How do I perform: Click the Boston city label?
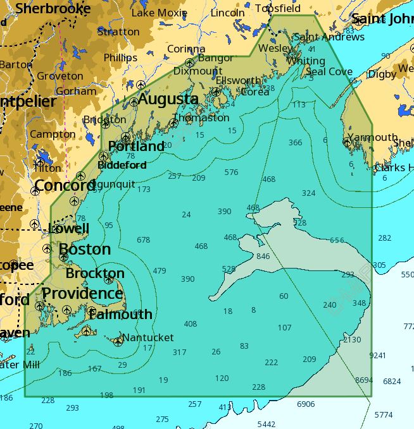coord(84,249)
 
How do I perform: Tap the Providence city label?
coord(82,294)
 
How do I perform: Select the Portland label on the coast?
coord(136,147)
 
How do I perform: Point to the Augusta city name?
coord(168,99)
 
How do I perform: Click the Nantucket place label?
coord(147,337)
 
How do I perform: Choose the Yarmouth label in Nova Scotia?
coord(372,137)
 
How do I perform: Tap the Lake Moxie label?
coord(159,13)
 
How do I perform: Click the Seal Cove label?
coord(329,71)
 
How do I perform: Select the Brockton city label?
coord(95,274)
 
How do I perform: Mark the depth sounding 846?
coord(263,256)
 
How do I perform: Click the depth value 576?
coord(231,172)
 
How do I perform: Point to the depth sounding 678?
coord(143,239)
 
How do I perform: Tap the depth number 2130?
coord(352,339)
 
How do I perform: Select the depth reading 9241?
coord(377,355)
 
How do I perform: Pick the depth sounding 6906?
coord(306,403)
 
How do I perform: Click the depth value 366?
coord(295,142)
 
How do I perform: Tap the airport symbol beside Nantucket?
coord(118,342)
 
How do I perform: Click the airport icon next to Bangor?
coord(189,62)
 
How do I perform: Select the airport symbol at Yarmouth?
coord(347,142)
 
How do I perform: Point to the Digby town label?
coord(382,74)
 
